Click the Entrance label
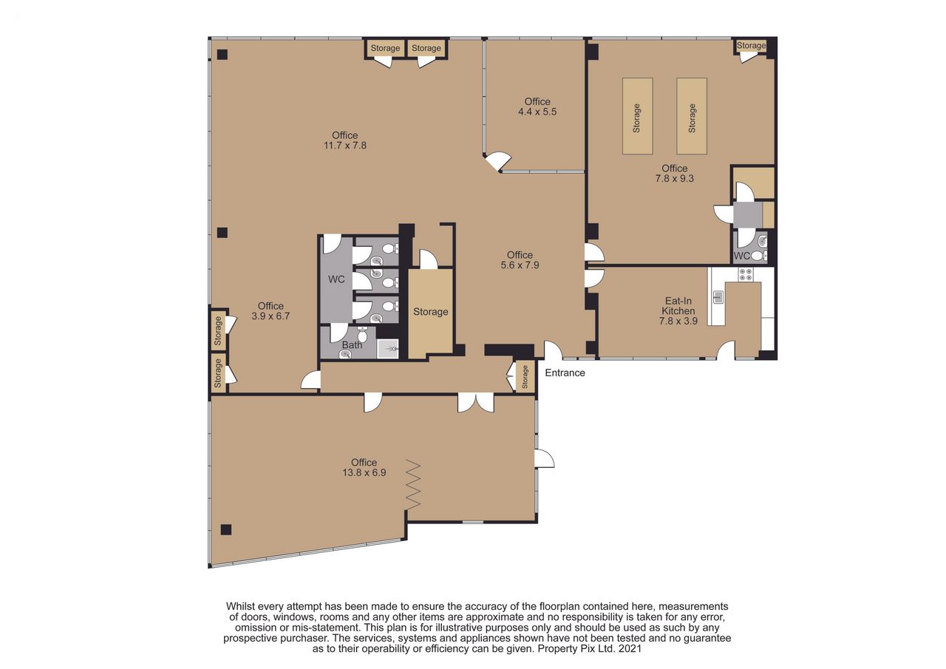point(565,373)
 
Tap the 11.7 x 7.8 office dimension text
point(345,146)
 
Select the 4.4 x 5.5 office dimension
point(537,112)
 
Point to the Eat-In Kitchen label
point(678,306)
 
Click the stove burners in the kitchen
point(746,274)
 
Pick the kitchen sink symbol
point(718,297)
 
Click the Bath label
point(352,345)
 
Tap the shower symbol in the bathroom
point(388,349)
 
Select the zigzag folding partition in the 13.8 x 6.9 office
point(413,484)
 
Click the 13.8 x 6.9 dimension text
point(364,472)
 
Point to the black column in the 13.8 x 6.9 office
point(226,529)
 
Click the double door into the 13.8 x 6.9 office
point(475,402)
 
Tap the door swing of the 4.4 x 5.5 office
point(498,160)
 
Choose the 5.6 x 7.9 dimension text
point(520,265)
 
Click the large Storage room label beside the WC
point(430,312)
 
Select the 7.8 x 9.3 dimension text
point(675,179)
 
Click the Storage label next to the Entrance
point(525,376)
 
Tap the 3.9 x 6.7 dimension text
point(270,316)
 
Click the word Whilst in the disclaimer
point(240,606)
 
